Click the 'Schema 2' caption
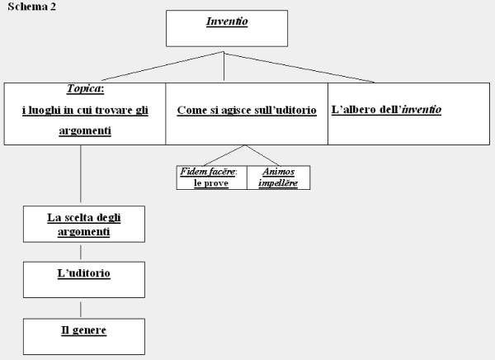pyautogui.click(x=31, y=7)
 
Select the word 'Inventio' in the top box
pyautogui.click(x=227, y=21)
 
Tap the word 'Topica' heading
pyautogui.click(x=84, y=89)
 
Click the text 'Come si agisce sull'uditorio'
pyautogui.click(x=247, y=110)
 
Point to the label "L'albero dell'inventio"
pyautogui.click(x=386, y=109)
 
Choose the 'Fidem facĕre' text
pyautogui.click(x=208, y=172)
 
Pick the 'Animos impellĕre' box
pyautogui.click(x=279, y=178)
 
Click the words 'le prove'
pyautogui.click(x=211, y=183)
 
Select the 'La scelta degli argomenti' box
pyautogui.click(x=84, y=224)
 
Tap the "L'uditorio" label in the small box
pyautogui.click(x=83, y=273)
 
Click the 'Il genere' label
pyautogui.click(x=83, y=330)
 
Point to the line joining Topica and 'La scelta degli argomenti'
pyautogui.click(x=81, y=173)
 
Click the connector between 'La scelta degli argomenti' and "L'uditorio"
pyautogui.click(x=81, y=252)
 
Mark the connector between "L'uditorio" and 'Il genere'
pyautogui.click(x=81, y=309)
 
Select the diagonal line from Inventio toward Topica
pyautogui.click(x=163, y=66)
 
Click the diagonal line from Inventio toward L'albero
pyautogui.click(x=299, y=68)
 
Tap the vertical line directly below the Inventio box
pyautogui.click(x=224, y=66)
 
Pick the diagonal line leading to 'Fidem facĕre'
pyautogui.click(x=224, y=155)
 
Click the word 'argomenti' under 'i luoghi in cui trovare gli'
pyautogui.click(x=85, y=130)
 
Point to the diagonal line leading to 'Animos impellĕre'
pyautogui.click(x=262, y=155)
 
